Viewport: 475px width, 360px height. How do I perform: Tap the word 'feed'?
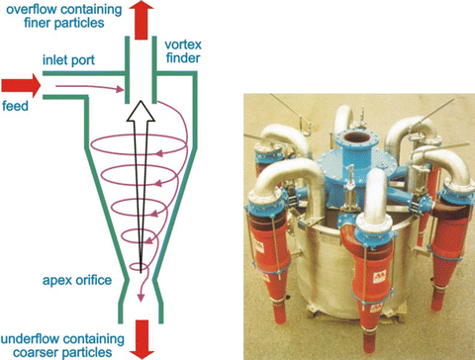tap(15, 106)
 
